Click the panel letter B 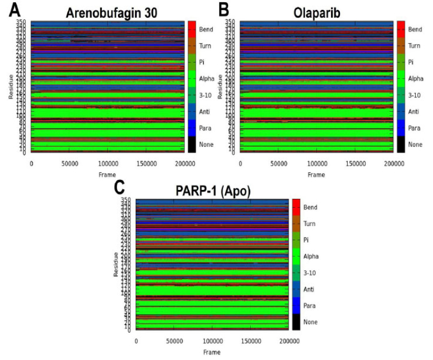[223, 9]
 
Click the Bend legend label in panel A [206, 29]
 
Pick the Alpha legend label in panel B [416, 79]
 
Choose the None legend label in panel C [311, 322]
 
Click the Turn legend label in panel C [310, 223]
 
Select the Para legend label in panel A [205, 128]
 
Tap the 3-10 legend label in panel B [415, 95]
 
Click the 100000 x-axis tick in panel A [107, 164]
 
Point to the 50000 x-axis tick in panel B [278, 164]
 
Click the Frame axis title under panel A [107, 174]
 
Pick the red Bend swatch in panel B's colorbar [401, 29]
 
